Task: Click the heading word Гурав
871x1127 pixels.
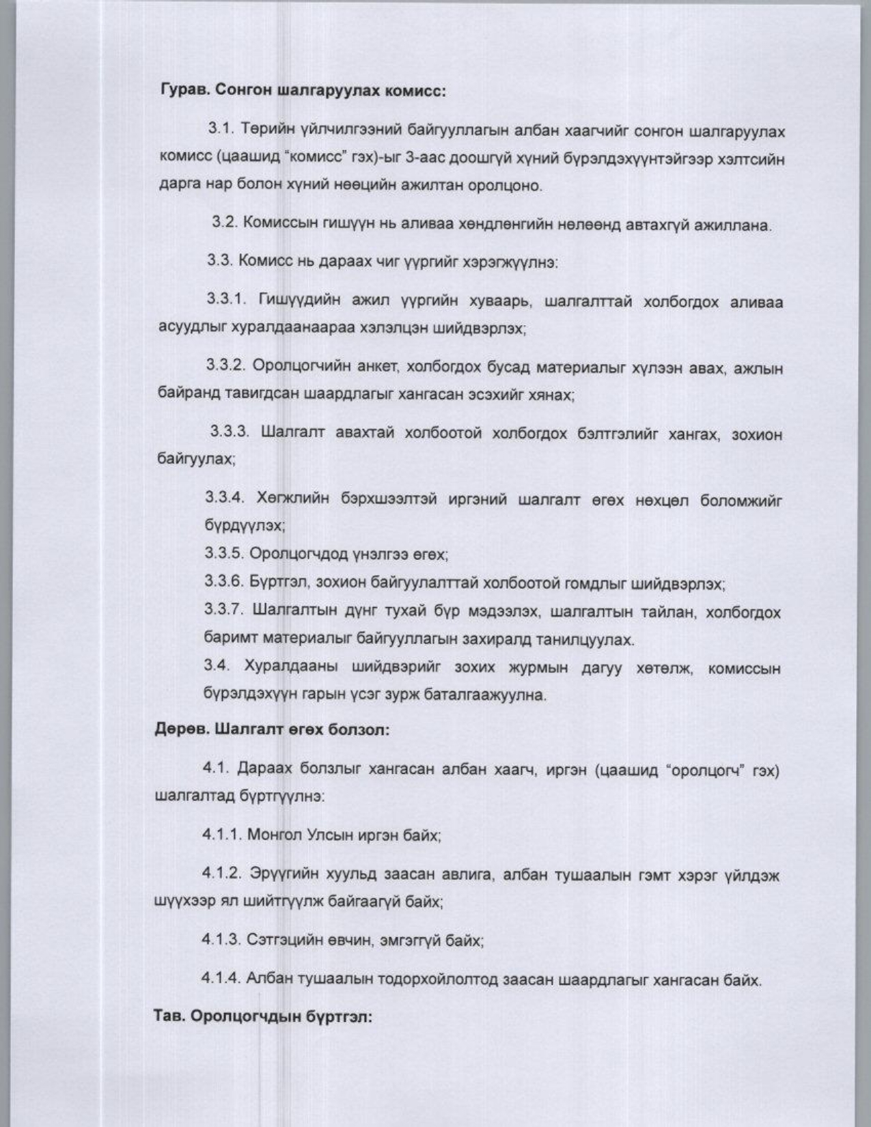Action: click(x=184, y=91)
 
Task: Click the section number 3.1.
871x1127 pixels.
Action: click(x=221, y=129)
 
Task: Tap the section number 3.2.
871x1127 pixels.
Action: click(x=224, y=223)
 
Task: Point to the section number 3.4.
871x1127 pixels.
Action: click(x=216, y=666)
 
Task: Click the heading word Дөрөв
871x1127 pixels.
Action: click(x=179, y=729)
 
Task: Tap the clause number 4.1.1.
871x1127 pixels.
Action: click(x=221, y=834)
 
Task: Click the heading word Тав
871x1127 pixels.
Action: click(x=169, y=1016)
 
